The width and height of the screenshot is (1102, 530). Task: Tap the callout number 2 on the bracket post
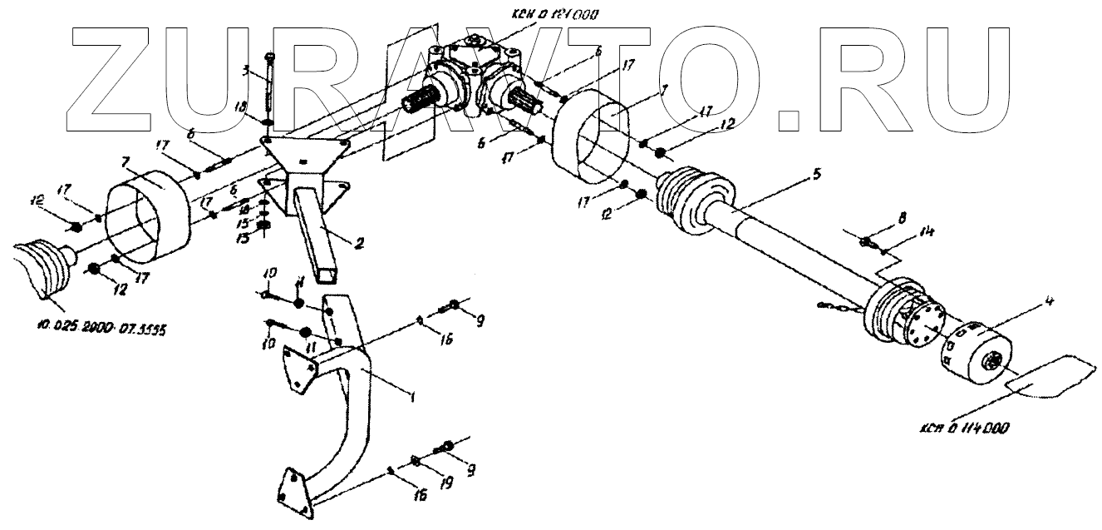(x=358, y=244)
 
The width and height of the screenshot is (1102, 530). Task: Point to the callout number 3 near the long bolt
(x=246, y=72)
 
